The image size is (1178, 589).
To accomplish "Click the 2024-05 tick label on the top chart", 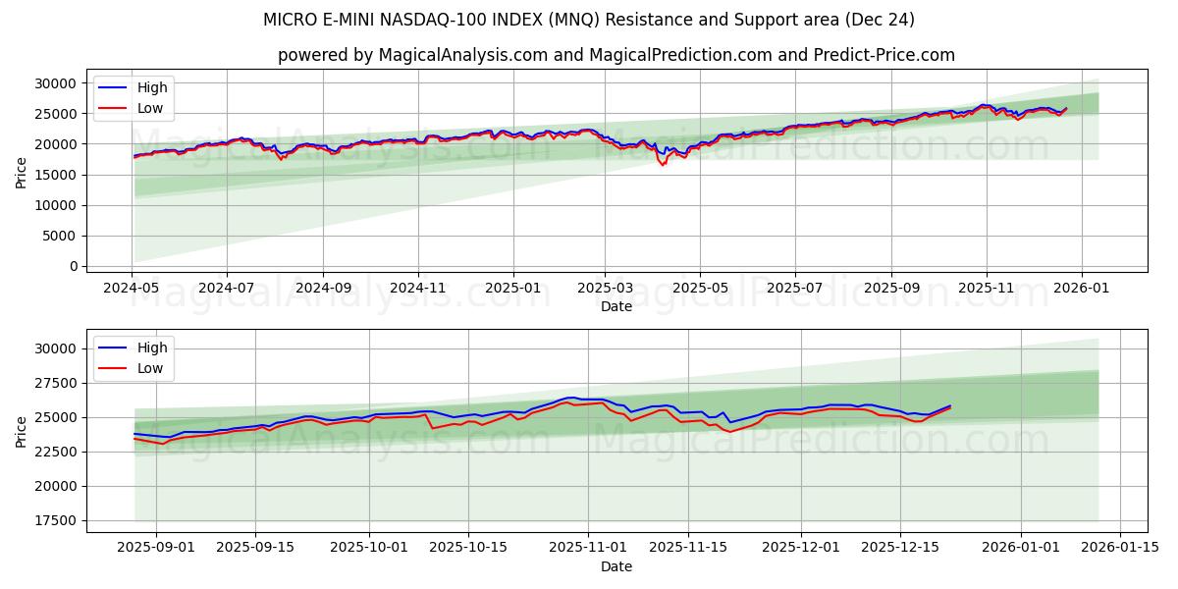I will point(132,289).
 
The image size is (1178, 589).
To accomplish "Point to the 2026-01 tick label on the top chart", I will point(1082,289).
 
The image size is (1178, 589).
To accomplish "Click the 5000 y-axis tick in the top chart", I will point(62,236).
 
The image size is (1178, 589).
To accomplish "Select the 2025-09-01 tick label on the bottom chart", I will point(142,548).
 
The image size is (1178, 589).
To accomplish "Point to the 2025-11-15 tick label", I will point(688,548).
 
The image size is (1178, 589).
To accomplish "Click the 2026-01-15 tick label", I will point(1120,548).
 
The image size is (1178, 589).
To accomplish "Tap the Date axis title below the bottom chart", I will point(616,566).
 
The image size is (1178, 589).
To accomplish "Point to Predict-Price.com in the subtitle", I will point(883,55).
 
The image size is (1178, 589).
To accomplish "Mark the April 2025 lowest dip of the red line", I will point(663,164).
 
